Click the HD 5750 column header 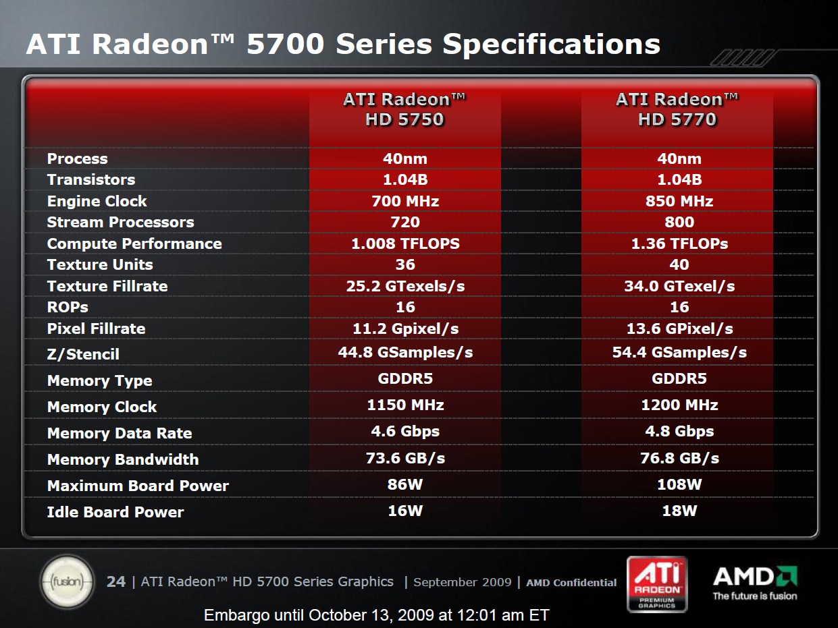(x=404, y=109)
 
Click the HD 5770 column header (x=677, y=109)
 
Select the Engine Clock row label (x=97, y=201)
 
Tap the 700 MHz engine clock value (x=405, y=201)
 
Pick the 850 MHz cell (x=679, y=201)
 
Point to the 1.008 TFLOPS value (x=405, y=244)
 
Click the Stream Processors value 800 (x=679, y=222)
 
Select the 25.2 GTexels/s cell (x=405, y=286)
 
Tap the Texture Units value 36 (x=405, y=264)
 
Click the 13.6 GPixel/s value (x=679, y=329)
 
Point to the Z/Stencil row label (x=83, y=354)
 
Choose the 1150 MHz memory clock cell (x=405, y=405)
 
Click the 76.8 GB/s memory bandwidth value (x=679, y=458)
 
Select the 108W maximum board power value (x=679, y=484)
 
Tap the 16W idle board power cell (x=405, y=511)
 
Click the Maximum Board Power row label (x=138, y=486)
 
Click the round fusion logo (x=68, y=581)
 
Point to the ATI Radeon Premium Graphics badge (x=657, y=584)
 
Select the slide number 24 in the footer (x=116, y=582)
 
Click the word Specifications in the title (x=551, y=45)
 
